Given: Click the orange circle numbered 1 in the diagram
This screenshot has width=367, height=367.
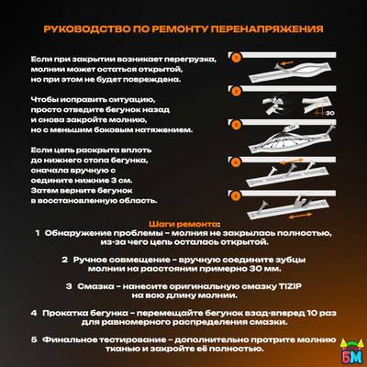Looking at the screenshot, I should (x=235, y=56).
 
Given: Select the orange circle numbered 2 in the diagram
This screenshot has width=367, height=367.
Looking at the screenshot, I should (x=235, y=91).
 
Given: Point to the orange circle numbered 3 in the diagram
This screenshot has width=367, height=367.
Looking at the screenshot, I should (x=235, y=124).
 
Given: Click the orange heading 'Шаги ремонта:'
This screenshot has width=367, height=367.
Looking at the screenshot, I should (x=183, y=223).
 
